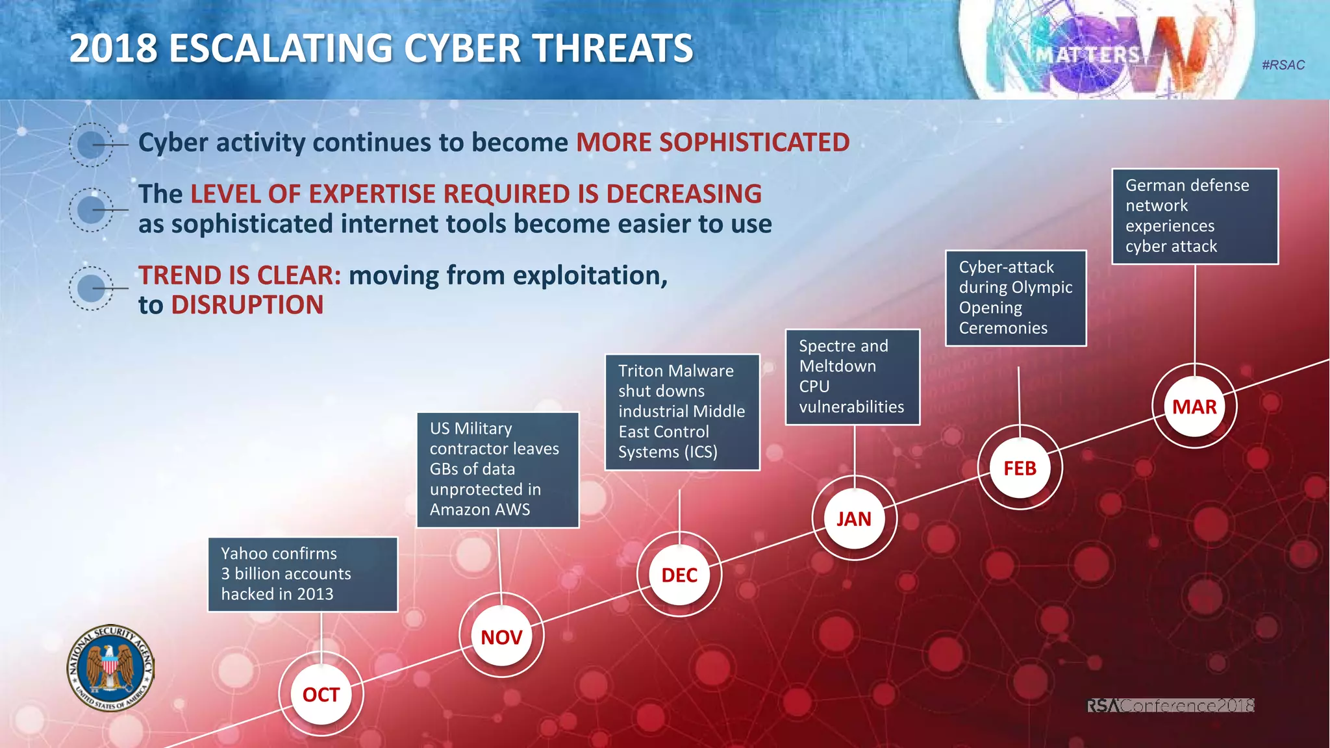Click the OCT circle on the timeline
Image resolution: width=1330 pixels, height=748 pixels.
321,694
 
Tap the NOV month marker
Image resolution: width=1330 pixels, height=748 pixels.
501,637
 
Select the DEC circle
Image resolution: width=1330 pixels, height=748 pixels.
679,575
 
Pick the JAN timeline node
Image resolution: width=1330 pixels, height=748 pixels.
854,518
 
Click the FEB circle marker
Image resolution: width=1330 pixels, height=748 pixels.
1020,467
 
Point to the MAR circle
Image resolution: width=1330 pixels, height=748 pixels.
1194,406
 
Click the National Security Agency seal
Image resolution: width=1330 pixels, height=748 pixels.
111,668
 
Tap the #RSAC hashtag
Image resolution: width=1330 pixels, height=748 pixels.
1283,65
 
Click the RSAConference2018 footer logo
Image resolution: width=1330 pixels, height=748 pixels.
1170,705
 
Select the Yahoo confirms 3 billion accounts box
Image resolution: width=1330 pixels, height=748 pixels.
303,574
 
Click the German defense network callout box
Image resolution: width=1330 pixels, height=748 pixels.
1195,216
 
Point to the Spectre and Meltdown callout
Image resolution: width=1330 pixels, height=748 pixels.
852,377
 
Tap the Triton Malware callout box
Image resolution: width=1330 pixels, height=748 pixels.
682,412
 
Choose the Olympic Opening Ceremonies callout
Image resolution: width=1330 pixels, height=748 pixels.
1016,297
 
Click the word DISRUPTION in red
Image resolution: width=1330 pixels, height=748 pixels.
247,305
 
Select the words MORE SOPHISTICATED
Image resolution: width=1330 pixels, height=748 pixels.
712,142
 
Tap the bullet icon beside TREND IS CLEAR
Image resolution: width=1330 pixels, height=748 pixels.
92,288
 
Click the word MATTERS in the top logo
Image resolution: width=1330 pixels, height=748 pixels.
1087,55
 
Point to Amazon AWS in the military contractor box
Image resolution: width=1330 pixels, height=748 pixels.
479,510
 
